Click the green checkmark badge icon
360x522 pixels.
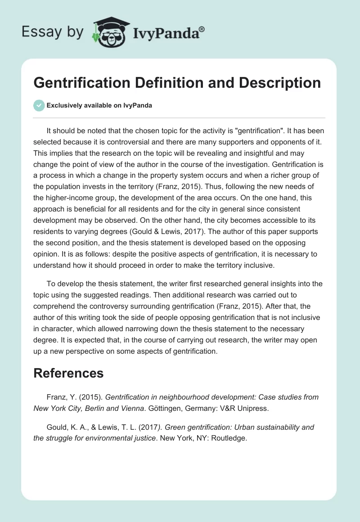coord(39,105)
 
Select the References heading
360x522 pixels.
coord(68,373)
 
